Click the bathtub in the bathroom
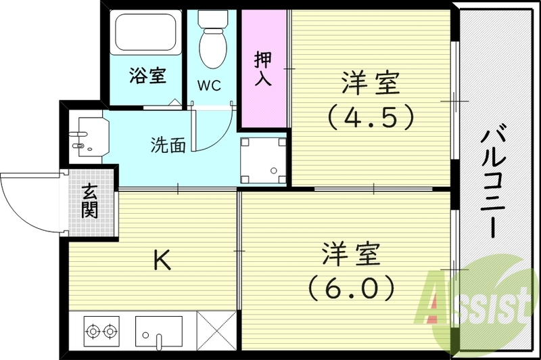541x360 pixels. [145, 34]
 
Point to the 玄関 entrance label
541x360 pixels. [89, 202]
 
